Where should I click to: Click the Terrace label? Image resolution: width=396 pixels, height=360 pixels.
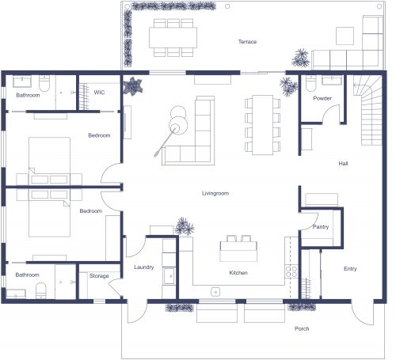coord(248,42)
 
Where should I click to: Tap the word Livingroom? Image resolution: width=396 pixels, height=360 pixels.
coord(215,192)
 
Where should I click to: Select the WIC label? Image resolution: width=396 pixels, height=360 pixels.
coord(99,93)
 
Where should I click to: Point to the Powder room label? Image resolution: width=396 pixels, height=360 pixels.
coord(322,98)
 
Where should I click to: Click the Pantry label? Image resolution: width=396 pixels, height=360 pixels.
coord(320,227)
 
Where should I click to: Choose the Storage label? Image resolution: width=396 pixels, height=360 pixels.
coord(99,276)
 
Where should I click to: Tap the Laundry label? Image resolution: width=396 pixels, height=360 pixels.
coord(143,267)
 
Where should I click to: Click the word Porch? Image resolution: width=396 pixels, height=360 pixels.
coord(302,328)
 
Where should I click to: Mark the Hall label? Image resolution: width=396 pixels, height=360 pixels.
coord(344,164)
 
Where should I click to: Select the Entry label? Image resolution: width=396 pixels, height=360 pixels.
coord(350,268)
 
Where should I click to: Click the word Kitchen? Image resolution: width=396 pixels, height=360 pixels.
coord(238,273)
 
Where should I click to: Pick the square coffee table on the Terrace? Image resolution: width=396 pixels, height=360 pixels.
coord(345,36)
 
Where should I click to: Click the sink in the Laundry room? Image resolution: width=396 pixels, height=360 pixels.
coord(169,275)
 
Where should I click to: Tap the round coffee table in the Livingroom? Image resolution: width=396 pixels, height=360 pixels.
coord(178,123)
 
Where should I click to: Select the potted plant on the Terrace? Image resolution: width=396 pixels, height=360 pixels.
coord(301,57)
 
